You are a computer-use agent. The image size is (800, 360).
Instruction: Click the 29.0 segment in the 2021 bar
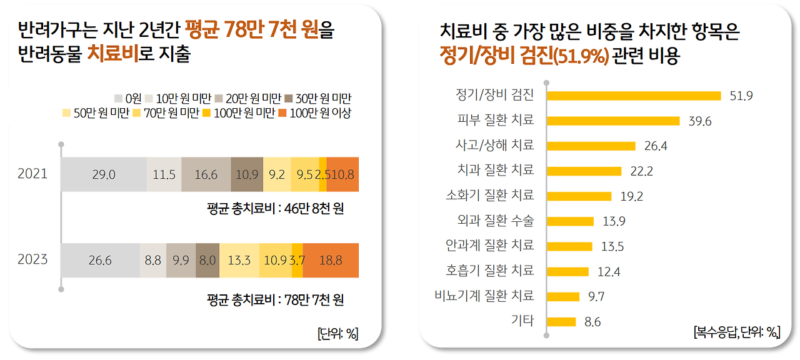(104, 174)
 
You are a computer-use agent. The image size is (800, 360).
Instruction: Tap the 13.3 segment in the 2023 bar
(239, 260)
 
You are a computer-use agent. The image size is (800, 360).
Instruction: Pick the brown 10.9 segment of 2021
(247, 174)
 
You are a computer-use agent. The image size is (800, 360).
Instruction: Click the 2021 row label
(32, 174)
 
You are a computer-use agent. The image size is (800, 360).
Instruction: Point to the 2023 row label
(32, 260)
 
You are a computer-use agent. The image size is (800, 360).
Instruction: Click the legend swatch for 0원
(118, 98)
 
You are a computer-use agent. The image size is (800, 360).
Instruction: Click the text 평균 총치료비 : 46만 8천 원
(275, 209)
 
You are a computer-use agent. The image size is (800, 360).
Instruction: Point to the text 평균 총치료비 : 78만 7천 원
(275, 300)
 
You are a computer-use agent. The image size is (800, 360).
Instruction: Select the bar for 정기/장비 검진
(634, 96)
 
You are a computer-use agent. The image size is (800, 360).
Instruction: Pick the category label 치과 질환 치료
(496, 170)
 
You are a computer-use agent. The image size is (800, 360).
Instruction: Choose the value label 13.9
(613, 221)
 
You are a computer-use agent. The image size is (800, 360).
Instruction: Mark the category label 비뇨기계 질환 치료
(484, 296)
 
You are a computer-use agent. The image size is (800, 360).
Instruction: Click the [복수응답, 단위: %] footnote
(737, 332)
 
